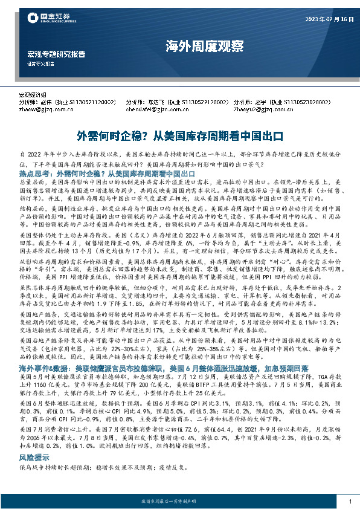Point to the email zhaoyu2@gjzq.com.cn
coord(259,110)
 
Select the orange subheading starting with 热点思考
coord(106,173)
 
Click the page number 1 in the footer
coord(350,501)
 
